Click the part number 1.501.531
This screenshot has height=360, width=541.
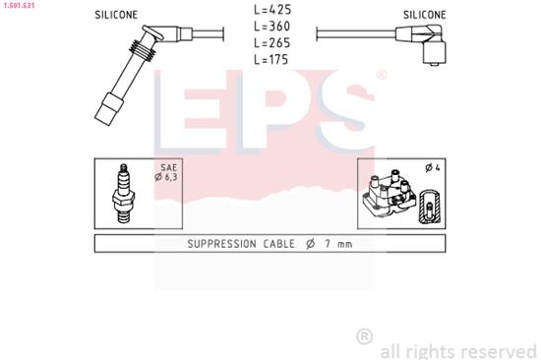pos(20,5)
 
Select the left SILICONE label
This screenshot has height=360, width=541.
pos(116,16)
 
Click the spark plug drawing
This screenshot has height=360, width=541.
pos(125,192)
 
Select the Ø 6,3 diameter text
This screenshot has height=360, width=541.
pos(165,178)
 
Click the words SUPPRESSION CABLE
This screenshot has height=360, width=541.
pos(235,244)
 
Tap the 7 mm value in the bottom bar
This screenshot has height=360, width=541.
pos(339,244)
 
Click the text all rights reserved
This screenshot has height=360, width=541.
pos(457,349)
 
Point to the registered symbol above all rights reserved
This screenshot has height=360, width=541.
pos(364,336)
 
